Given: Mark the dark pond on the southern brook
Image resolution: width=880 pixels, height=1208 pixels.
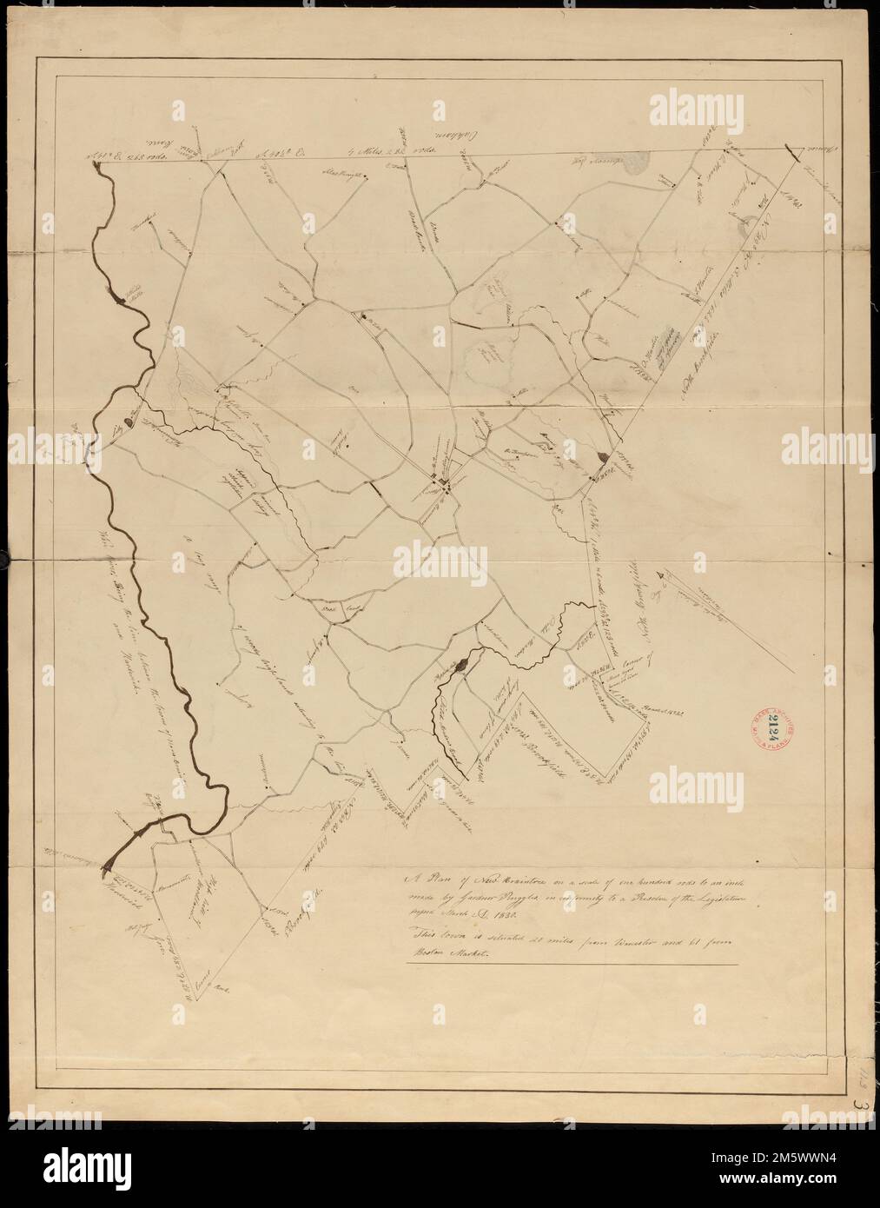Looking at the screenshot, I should click(461, 664).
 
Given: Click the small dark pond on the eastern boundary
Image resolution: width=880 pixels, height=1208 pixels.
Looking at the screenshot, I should click(605, 454).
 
